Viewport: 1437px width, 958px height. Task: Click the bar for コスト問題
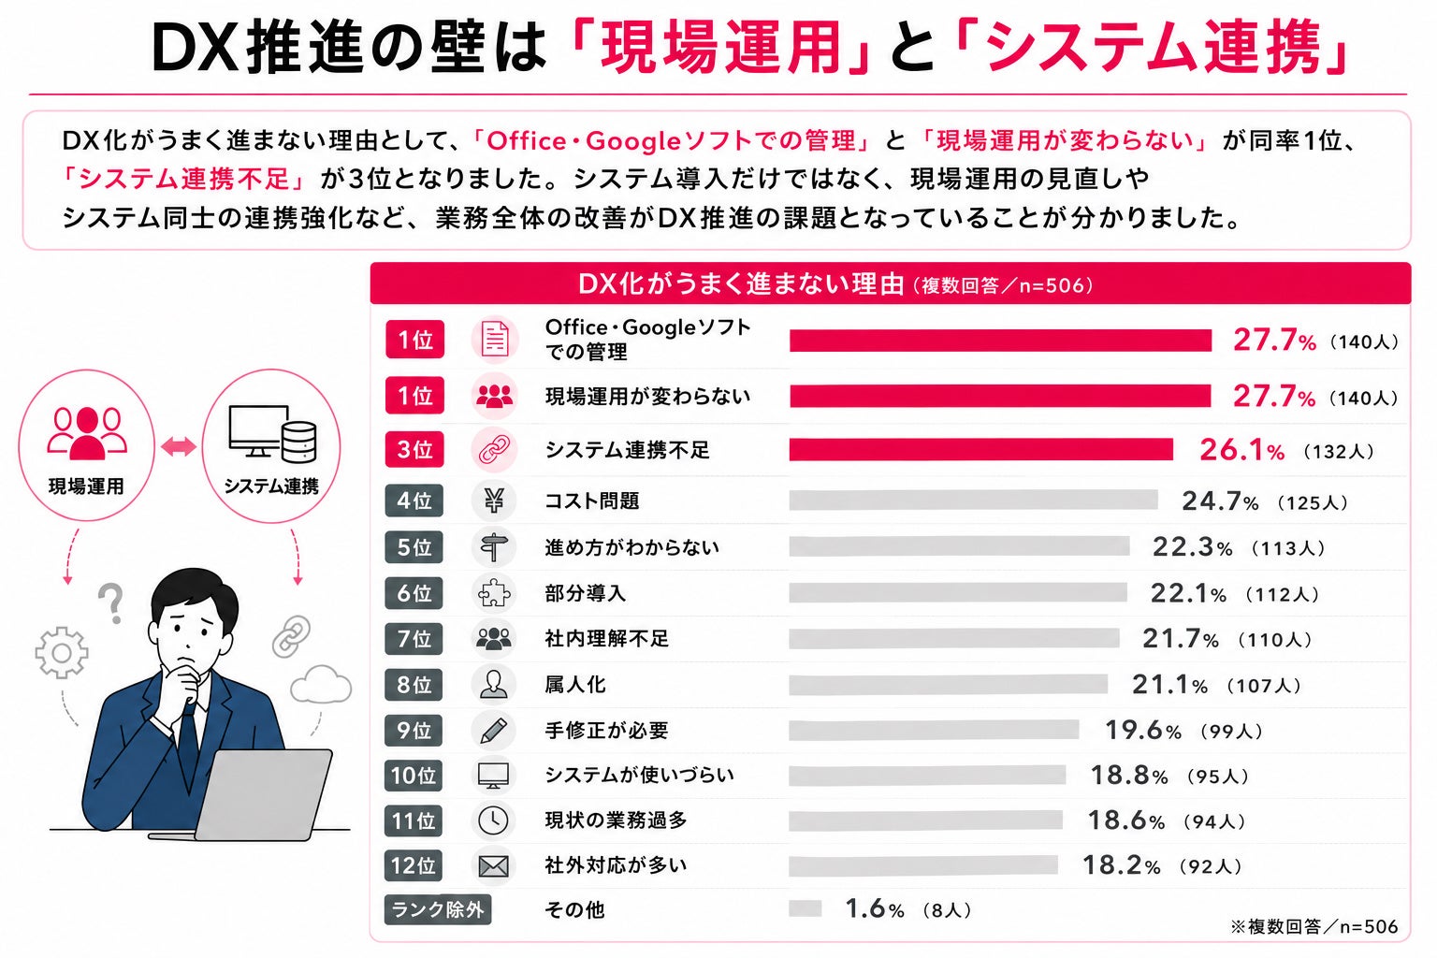click(973, 501)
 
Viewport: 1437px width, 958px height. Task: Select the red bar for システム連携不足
click(980, 449)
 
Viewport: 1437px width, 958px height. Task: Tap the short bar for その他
click(806, 908)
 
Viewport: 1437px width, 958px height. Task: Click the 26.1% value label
click(1242, 450)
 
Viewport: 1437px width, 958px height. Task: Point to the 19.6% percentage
click(1142, 731)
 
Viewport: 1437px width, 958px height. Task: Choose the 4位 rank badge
click(414, 501)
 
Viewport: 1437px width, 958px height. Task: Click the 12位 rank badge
click(414, 865)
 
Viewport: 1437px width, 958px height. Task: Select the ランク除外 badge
click(438, 909)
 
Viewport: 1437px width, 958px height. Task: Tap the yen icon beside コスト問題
click(493, 501)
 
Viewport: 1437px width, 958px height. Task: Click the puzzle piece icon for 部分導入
click(494, 593)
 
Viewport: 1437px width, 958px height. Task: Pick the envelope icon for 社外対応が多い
click(493, 866)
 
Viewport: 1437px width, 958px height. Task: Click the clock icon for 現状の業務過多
click(493, 820)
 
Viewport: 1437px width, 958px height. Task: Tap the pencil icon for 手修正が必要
click(493, 731)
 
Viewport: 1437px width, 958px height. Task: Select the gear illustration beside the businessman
click(62, 653)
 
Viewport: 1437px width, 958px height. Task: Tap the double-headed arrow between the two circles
click(179, 446)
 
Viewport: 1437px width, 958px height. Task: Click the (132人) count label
click(1339, 452)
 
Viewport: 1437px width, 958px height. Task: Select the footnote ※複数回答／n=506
click(1314, 926)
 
